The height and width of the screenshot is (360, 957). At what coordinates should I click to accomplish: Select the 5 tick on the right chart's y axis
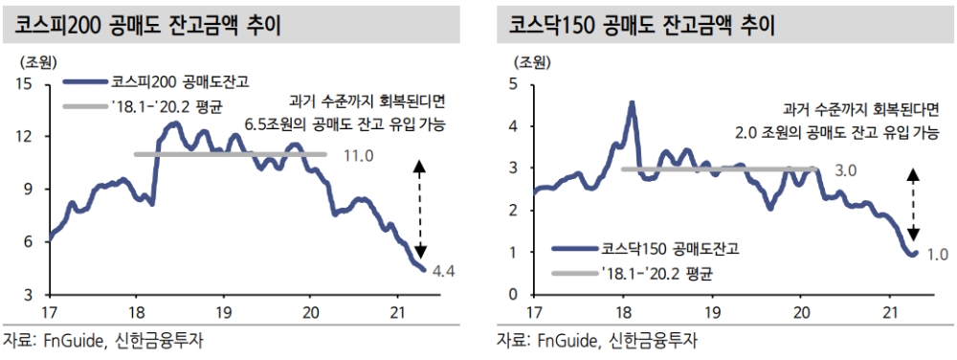click(x=513, y=84)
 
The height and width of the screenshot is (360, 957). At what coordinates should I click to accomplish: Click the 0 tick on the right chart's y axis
click(x=513, y=295)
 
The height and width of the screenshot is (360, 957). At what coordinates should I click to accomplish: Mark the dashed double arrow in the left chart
click(x=418, y=208)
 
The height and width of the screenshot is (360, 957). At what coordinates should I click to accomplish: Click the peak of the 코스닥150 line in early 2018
click(x=632, y=102)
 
